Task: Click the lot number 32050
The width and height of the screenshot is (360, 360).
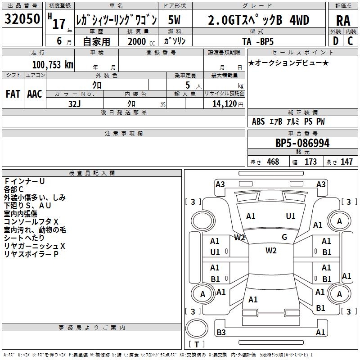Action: coord(22,19)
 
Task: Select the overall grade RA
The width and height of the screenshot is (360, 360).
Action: coord(343,21)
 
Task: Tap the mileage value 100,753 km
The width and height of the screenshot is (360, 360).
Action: coord(53,65)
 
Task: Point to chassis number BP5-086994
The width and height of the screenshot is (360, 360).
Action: coord(302,143)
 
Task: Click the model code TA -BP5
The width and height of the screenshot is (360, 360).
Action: coord(258,41)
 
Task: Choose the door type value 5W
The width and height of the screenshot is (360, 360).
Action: coord(174,20)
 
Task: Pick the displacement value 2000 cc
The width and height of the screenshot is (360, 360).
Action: coord(141,41)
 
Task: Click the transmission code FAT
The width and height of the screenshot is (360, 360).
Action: coord(13,94)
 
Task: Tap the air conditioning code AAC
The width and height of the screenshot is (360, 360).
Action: coord(35,94)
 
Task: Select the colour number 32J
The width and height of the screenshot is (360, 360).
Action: coord(75,104)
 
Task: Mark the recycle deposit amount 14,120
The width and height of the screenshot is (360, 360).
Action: coord(225,103)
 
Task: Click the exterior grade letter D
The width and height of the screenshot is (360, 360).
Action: coord(336,41)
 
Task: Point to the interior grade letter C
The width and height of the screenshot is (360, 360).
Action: coord(350,41)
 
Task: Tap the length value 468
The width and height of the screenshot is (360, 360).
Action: coord(273,162)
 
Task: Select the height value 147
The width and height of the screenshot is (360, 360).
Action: coord(346,162)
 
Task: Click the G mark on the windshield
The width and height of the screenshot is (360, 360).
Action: coord(284,237)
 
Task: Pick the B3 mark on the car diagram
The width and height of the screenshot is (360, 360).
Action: coord(221,332)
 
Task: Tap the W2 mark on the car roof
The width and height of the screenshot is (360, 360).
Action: coord(271,251)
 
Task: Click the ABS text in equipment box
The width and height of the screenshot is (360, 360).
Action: coord(258,121)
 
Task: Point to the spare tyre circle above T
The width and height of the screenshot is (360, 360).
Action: coord(197,328)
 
